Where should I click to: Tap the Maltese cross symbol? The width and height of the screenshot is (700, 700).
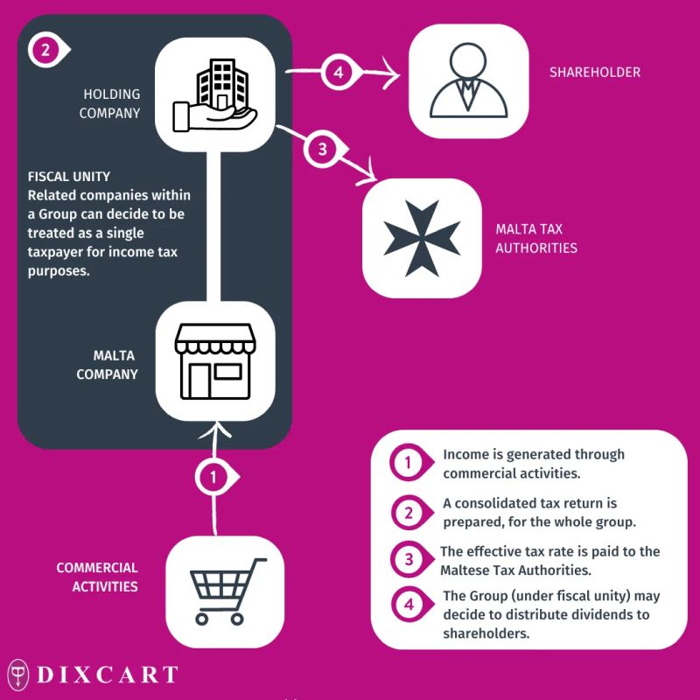click(422, 236)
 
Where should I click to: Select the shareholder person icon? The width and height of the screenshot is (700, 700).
click(470, 81)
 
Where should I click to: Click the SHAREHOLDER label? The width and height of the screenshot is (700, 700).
click(594, 72)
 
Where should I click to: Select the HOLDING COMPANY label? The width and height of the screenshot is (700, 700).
click(111, 102)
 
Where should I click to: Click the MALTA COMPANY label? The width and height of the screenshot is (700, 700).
click(115, 365)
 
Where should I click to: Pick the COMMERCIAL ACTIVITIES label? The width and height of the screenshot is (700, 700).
click(97, 577)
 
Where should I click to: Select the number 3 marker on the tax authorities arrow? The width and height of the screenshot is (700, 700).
click(321, 150)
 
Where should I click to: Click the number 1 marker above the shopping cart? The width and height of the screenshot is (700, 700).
click(213, 477)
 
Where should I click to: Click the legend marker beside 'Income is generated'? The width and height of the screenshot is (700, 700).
click(406, 464)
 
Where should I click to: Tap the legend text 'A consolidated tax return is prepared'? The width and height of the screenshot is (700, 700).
click(538, 513)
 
